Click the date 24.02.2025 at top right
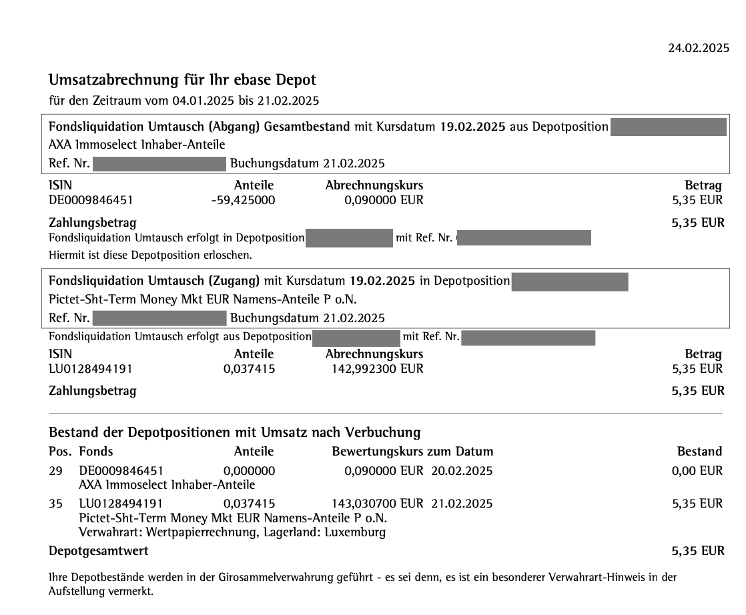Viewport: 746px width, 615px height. pos(699,48)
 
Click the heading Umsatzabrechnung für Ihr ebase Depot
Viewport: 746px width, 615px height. pos(182,80)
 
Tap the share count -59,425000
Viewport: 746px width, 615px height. pos(243,200)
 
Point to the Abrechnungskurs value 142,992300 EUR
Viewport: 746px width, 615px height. pos(377,369)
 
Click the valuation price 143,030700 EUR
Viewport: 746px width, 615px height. pos(377,504)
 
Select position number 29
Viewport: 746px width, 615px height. pos(55,472)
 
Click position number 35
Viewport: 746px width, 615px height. pos(55,504)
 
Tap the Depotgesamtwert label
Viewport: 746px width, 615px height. pos(98,551)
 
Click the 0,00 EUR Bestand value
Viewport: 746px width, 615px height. pos(697,472)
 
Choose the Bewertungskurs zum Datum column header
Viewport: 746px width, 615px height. pos(412,452)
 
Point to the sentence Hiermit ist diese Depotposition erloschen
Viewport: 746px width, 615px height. pos(151,255)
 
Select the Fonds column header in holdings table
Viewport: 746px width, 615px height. pos(95,452)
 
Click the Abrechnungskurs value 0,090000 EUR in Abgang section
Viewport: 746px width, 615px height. pos(384,200)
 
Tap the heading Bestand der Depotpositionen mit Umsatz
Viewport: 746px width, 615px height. pos(234,432)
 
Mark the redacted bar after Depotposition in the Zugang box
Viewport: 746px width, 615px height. pos(569,281)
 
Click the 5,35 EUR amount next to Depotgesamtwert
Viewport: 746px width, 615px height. pos(697,551)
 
